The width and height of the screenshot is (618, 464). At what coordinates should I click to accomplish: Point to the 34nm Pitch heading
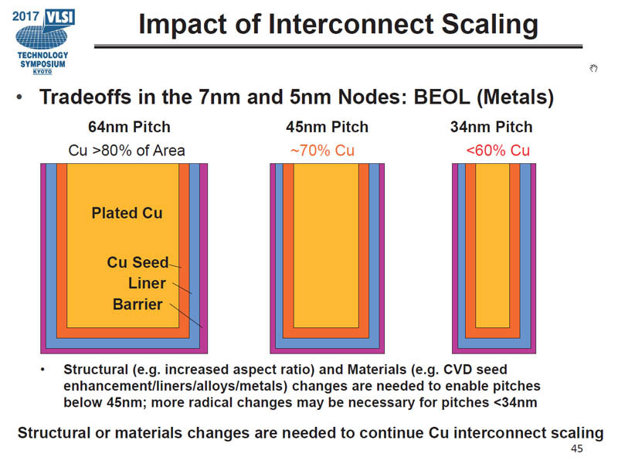tap(491, 127)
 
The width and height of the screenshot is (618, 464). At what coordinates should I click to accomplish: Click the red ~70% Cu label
tap(322, 150)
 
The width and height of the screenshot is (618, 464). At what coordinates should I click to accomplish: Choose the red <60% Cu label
tap(498, 150)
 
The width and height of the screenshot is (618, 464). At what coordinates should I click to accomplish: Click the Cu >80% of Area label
tap(127, 150)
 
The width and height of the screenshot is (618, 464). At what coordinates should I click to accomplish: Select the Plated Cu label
tap(127, 213)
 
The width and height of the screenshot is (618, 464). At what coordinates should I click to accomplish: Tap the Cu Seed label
tap(137, 263)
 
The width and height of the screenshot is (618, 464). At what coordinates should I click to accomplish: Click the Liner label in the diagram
tap(147, 283)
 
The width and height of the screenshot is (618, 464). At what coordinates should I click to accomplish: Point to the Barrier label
tap(138, 304)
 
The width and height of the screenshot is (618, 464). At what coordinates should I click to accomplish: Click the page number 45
tap(576, 449)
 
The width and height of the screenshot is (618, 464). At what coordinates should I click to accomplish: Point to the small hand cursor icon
tap(593, 69)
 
